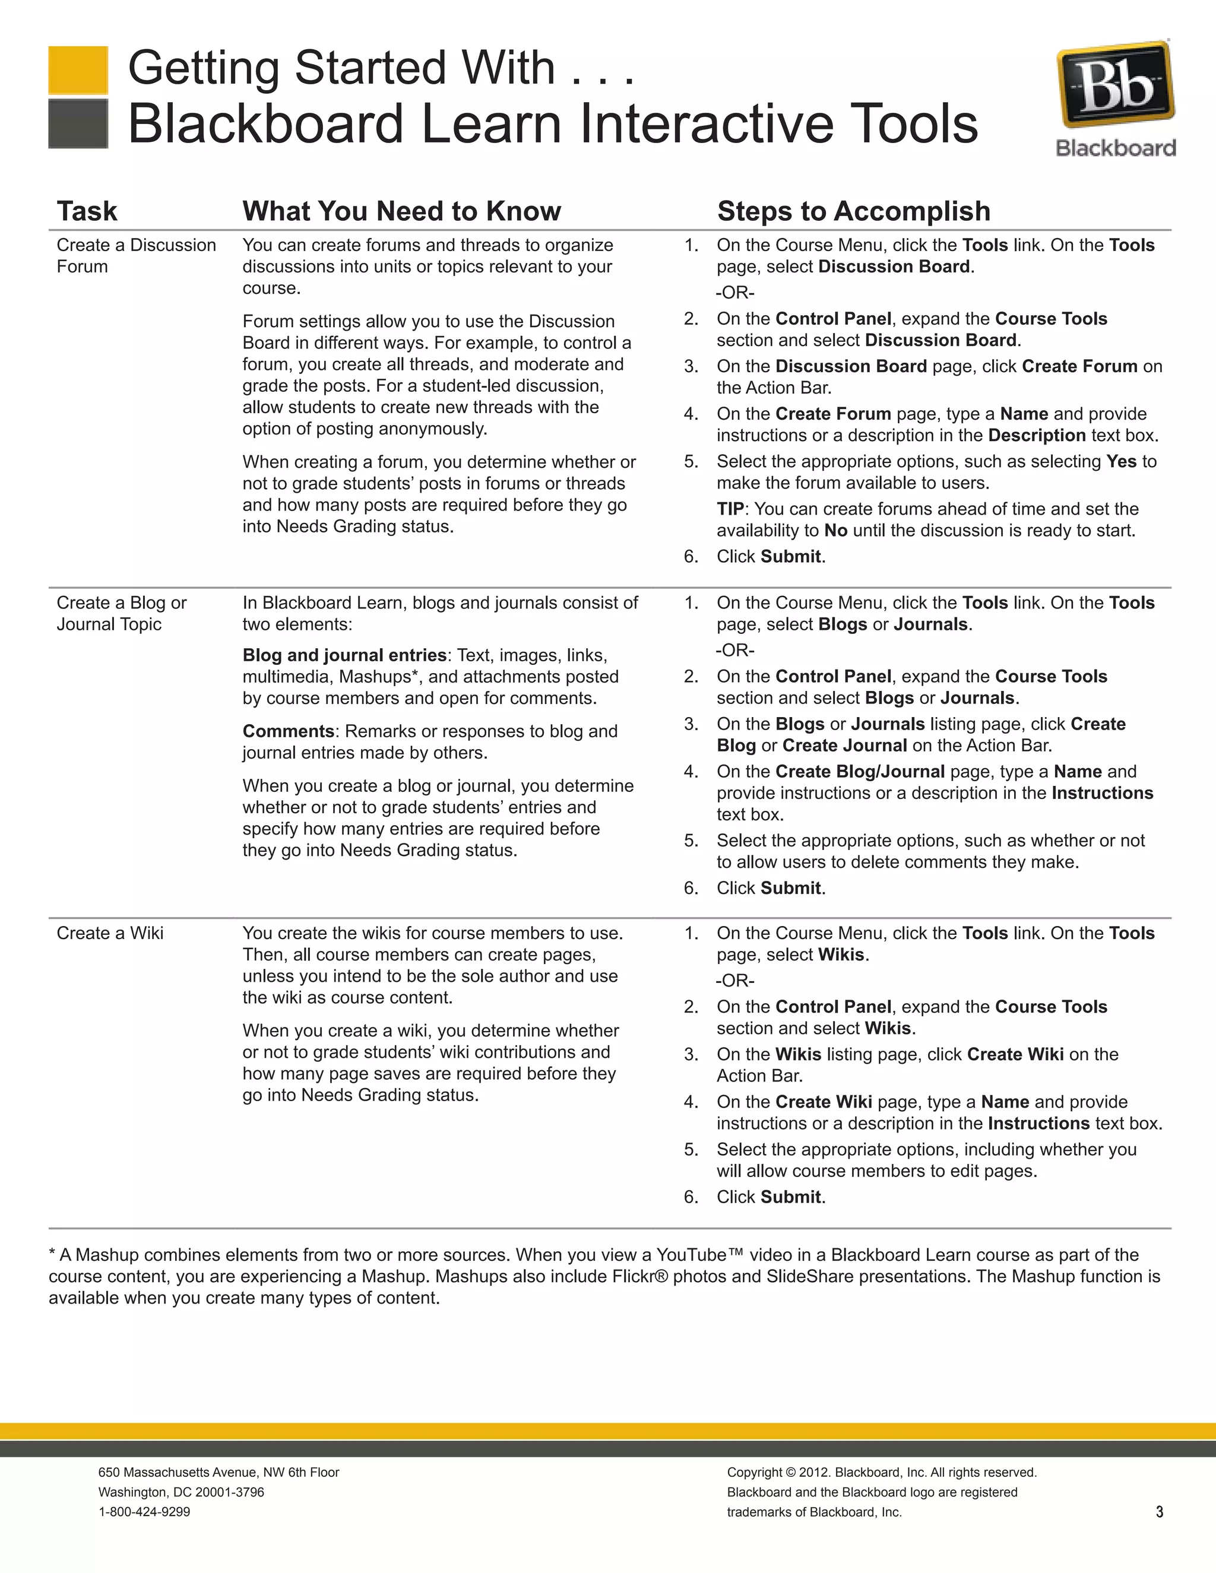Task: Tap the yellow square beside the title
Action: (x=78, y=70)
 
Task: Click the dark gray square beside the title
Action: (x=78, y=124)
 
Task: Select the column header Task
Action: (x=87, y=211)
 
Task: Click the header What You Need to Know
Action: (x=401, y=211)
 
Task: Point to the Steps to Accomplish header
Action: (x=853, y=211)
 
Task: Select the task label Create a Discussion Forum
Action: (x=135, y=255)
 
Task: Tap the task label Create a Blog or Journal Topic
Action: (x=121, y=613)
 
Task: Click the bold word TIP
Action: (x=730, y=509)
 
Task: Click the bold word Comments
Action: (x=288, y=731)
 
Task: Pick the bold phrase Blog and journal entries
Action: (x=344, y=655)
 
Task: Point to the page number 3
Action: (x=1159, y=1512)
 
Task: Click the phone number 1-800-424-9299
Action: (x=144, y=1512)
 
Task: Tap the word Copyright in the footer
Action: (x=753, y=1472)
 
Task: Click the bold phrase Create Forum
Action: (x=1079, y=367)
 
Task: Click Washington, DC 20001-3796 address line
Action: (x=181, y=1492)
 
